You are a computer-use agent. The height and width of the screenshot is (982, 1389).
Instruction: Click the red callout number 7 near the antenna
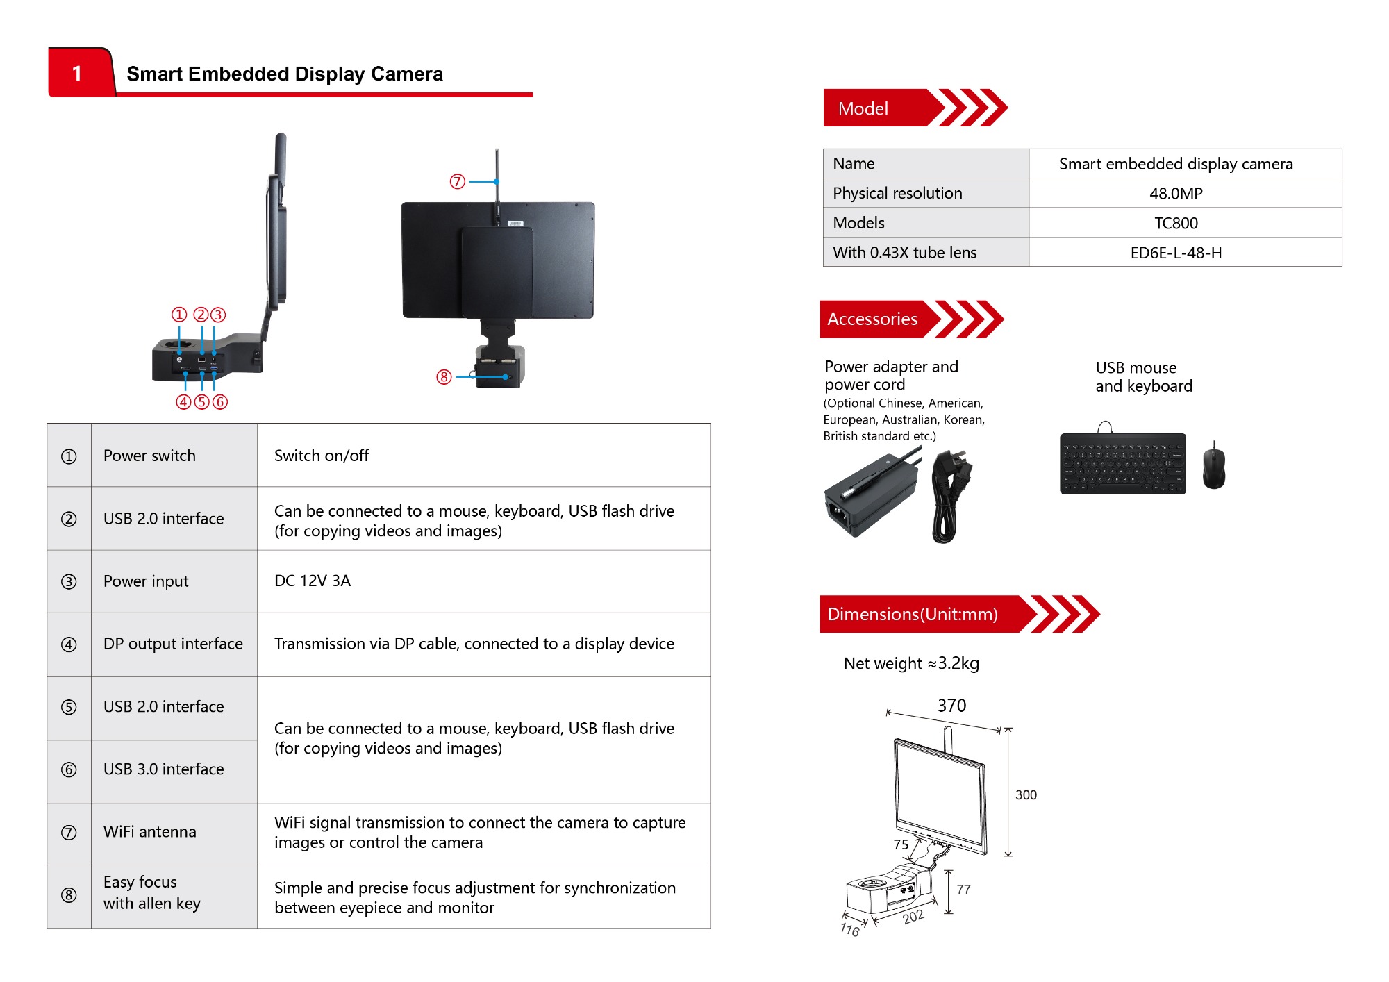coord(457,182)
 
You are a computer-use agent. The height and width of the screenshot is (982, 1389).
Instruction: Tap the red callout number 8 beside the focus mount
coord(444,377)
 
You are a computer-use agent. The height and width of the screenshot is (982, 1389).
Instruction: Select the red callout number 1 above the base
coord(179,315)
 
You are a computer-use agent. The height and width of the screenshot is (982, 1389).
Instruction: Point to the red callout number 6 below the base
coord(220,402)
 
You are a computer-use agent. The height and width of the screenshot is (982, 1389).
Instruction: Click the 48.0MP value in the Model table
coord(1176,194)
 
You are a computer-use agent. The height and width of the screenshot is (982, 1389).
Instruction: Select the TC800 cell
coord(1176,223)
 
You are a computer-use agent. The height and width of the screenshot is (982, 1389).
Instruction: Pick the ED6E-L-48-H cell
coord(1176,253)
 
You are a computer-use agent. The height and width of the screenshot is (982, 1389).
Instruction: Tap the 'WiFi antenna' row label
coord(150,832)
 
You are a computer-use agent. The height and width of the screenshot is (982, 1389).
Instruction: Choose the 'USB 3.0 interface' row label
coord(164,769)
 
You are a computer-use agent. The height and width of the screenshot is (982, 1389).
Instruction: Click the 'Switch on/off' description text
coord(322,456)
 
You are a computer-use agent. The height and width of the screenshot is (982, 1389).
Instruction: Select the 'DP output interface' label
coord(173,644)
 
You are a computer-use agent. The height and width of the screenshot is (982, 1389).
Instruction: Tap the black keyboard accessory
coord(1123,463)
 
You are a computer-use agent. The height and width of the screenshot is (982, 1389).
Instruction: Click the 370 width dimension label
coord(951,706)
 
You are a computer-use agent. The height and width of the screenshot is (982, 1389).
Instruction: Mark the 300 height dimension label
coord(1026,795)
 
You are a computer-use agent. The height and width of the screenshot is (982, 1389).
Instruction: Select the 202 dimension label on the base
coord(913,917)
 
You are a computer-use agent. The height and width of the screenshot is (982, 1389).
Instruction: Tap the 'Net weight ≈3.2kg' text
coord(911,663)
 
